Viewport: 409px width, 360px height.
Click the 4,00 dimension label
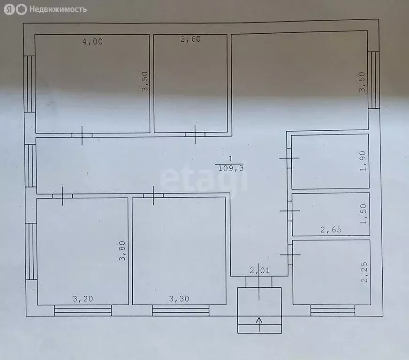92,41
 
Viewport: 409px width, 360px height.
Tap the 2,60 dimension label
190,39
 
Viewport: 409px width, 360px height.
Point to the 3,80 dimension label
122,251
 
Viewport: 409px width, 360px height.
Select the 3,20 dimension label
83,299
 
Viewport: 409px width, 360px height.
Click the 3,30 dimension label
179,299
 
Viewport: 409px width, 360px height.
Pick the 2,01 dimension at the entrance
259,270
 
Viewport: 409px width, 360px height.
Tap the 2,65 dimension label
331,229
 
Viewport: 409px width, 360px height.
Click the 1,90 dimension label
363,161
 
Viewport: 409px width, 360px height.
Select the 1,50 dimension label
363,214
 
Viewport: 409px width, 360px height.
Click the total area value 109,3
231,168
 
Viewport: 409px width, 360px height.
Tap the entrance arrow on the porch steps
259,324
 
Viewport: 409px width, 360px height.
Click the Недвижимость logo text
58,9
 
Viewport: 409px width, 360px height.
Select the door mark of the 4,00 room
82,135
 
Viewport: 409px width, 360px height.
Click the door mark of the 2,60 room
195,135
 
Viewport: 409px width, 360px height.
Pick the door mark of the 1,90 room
289,158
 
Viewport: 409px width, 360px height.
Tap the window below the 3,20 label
83,310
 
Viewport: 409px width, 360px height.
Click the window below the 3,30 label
181,310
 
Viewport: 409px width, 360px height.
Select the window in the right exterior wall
373,80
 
